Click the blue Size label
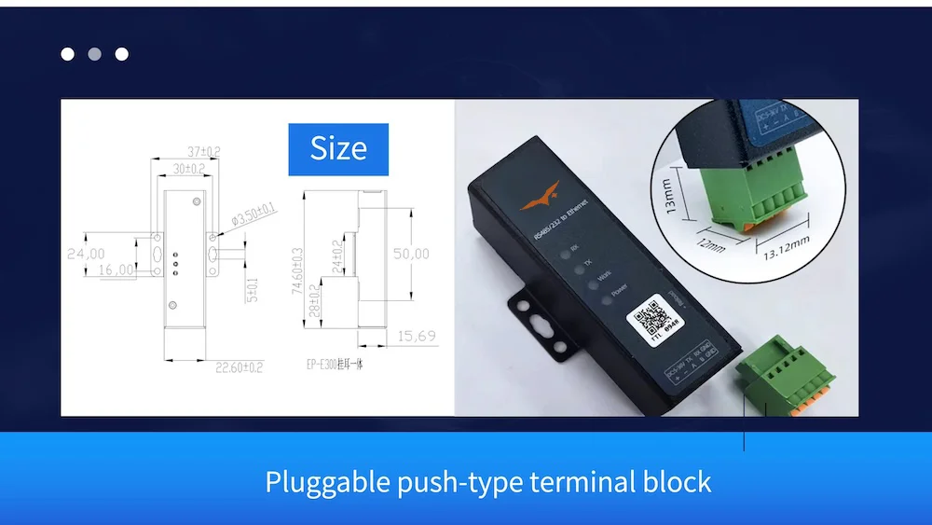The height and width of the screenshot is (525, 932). tap(337, 148)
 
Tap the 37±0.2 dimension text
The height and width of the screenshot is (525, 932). tap(205, 151)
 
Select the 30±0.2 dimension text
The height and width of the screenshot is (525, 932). tap(189, 170)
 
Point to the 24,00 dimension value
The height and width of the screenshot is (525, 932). tap(86, 253)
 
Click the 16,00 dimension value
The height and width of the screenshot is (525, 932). tap(116, 270)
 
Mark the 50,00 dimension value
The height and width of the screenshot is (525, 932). tap(411, 253)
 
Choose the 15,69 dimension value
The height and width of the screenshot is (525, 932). tap(416, 336)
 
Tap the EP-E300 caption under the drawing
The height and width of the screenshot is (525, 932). tap(333, 363)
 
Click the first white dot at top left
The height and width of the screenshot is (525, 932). tap(67, 54)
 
